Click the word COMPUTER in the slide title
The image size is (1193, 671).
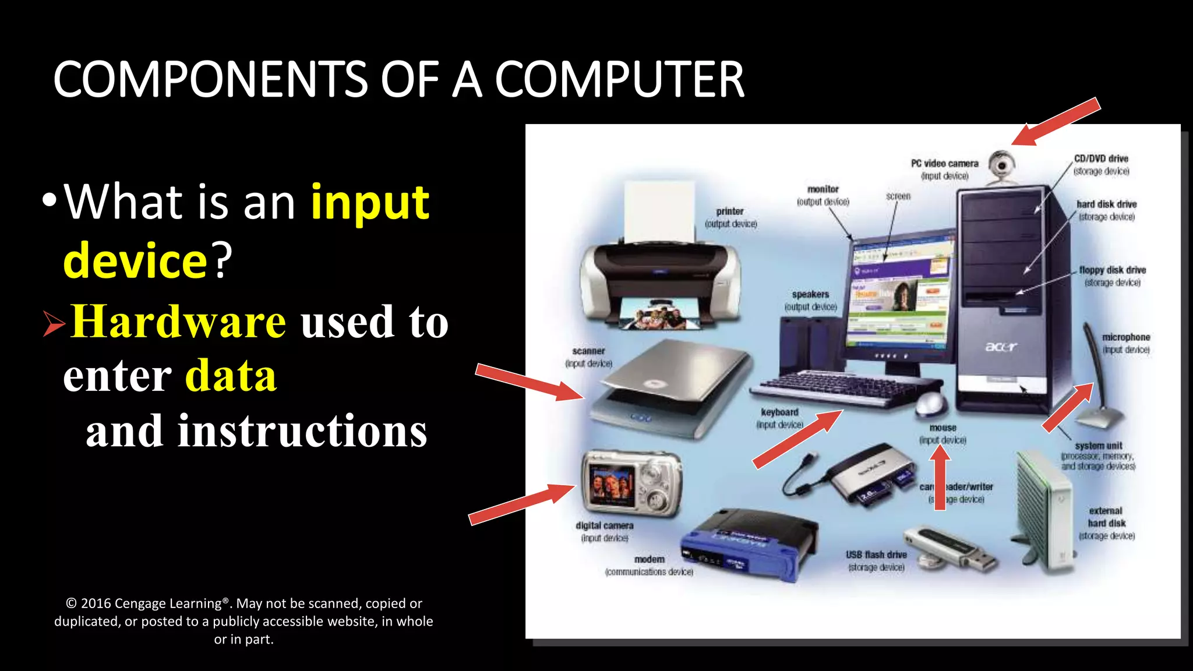619,80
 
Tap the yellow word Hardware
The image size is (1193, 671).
178,322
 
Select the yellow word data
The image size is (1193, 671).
231,376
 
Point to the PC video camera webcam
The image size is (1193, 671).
1002,166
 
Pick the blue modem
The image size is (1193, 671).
749,545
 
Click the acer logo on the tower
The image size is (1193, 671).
1001,347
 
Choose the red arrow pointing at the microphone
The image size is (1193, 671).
1068,407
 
